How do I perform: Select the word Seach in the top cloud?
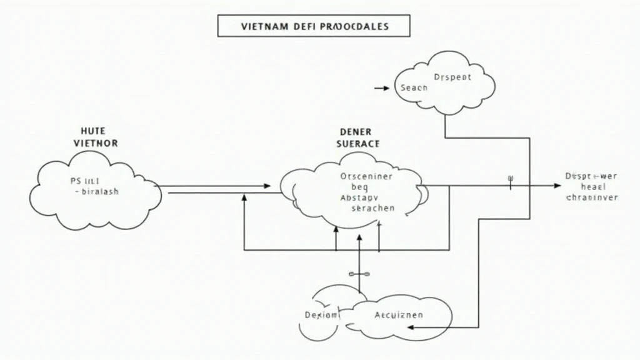(413, 88)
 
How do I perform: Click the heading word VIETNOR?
(95, 143)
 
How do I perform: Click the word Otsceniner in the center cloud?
(366, 176)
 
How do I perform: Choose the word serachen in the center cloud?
(373, 208)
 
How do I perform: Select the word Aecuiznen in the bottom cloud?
(398, 315)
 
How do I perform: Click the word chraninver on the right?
(591, 197)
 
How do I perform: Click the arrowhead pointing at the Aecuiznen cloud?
(429, 327)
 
